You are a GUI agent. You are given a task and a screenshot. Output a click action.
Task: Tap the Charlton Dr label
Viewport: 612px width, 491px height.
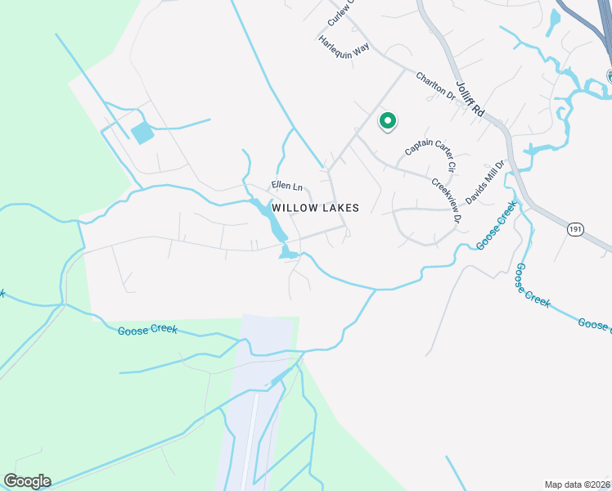pos(434,86)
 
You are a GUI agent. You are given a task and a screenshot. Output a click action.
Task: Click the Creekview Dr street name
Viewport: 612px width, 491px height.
pos(446,201)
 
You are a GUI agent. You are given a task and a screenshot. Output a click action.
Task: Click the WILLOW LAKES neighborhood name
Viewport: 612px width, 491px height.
pos(316,208)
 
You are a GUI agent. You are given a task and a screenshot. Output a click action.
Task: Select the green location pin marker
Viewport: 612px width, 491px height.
pos(387,121)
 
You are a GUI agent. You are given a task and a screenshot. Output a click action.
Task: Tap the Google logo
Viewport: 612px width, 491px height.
pos(27,481)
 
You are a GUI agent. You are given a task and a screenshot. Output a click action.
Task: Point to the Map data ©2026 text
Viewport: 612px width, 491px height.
pos(576,484)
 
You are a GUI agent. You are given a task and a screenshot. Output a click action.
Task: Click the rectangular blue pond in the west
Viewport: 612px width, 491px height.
pos(142,132)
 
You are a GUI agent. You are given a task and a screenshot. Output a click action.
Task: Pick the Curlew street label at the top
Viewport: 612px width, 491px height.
pos(338,12)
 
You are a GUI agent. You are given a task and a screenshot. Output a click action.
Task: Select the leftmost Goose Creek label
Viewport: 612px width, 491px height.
pos(147,331)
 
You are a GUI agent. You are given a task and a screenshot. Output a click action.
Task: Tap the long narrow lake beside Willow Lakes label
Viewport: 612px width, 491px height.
pos(269,217)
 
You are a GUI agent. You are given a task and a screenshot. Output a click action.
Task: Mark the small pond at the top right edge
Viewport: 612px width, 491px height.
pos(556,18)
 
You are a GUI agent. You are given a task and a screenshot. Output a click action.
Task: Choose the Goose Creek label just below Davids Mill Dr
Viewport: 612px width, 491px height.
pos(496,223)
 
